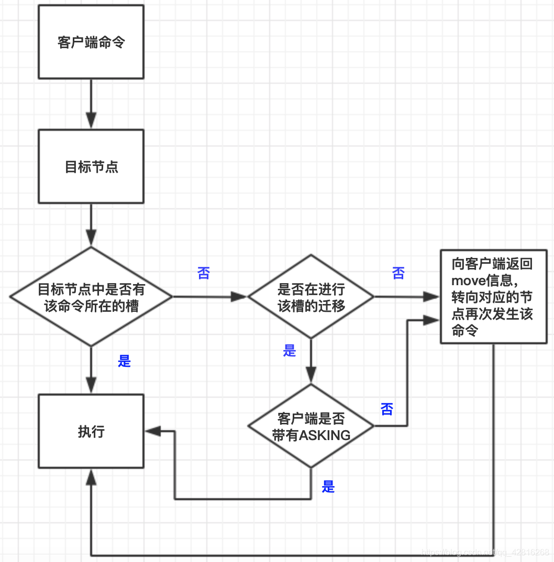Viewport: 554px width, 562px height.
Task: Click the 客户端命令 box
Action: click(x=91, y=42)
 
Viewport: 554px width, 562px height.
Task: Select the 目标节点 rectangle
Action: click(x=91, y=166)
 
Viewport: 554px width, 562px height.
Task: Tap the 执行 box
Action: click(x=91, y=431)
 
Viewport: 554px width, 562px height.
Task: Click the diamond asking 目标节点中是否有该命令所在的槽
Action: click(x=91, y=297)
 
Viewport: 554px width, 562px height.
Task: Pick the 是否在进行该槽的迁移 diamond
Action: click(x=311, y=297)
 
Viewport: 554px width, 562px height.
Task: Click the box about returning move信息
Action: click(x=492, y=297)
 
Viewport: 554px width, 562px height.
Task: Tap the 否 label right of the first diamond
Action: click(x=204, y=273)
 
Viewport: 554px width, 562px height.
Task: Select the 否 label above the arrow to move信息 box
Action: click(x=398, y=273)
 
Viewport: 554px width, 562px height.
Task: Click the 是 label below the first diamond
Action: click(x=124, y=361)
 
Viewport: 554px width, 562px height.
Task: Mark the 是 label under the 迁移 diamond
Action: click(x=290, y=351)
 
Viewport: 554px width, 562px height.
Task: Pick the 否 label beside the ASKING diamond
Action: click(x=387, y=409)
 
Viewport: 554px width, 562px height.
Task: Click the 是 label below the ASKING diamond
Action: click(x=328, y=487)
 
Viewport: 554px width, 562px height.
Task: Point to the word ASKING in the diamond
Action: click(x=325, y=435)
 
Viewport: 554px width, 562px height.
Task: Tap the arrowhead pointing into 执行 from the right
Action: click(x=152, y=431)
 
